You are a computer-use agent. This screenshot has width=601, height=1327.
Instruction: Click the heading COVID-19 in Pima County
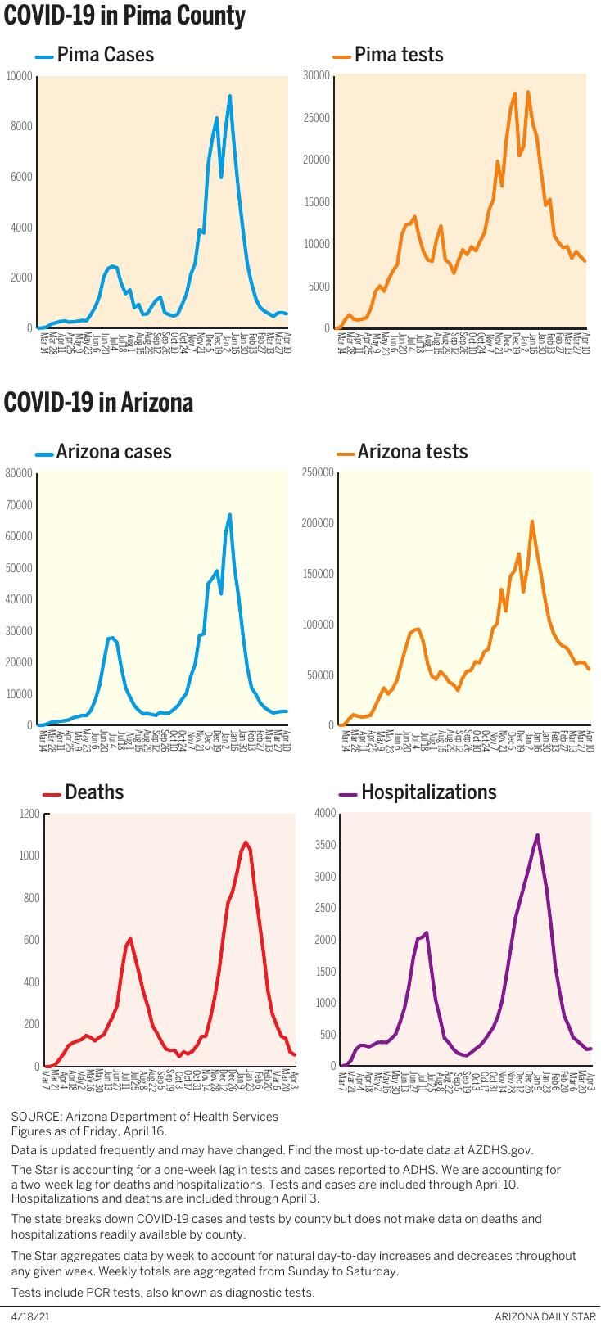pos(124,16)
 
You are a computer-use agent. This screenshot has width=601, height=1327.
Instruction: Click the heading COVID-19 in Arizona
pos(98,403)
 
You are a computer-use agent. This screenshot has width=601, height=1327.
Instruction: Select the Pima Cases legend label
pos(105,55)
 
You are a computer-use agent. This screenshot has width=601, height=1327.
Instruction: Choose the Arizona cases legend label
pos(114,452)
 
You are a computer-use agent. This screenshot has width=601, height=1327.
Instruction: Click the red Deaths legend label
pos(94,792)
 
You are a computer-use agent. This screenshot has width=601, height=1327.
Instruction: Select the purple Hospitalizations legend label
pos(428,792)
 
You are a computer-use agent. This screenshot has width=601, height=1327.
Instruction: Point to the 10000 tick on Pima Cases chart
pos(19,76)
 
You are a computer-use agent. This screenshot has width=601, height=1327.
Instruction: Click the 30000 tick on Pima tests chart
pos(316,75)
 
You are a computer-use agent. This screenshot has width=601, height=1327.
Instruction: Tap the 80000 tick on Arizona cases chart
pos(19,473)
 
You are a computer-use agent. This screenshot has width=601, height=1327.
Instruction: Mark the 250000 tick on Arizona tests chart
pos(318,473)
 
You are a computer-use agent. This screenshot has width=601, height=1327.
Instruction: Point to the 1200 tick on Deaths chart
pos(29,814)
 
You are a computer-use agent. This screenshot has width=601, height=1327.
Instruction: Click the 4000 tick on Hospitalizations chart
pos(325,813)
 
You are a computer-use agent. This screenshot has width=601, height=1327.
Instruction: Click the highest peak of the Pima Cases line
pos(230,96)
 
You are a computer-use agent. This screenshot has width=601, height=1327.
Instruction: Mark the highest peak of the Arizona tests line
pos(532,521)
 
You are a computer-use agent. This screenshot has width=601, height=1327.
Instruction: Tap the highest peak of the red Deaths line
pos(245,842)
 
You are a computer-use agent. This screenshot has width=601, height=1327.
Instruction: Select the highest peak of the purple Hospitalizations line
pos(537,835)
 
